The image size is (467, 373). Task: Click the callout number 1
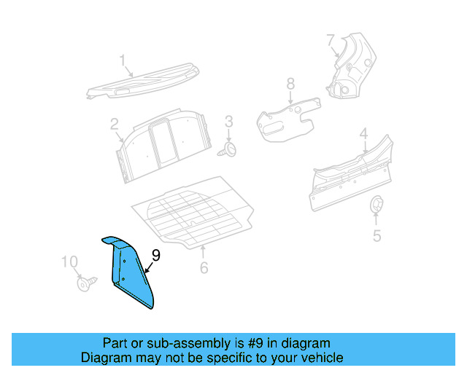coord(123,60)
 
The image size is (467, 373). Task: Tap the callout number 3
coord(228,121)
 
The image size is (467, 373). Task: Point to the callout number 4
coord(363,134)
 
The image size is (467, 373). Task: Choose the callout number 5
coord(377,235)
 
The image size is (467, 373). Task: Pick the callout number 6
coord(204,267)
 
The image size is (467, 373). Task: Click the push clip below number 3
coord(229,149)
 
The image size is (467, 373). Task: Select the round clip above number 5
coord(377,205)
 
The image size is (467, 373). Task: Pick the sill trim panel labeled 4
coord(350,176)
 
